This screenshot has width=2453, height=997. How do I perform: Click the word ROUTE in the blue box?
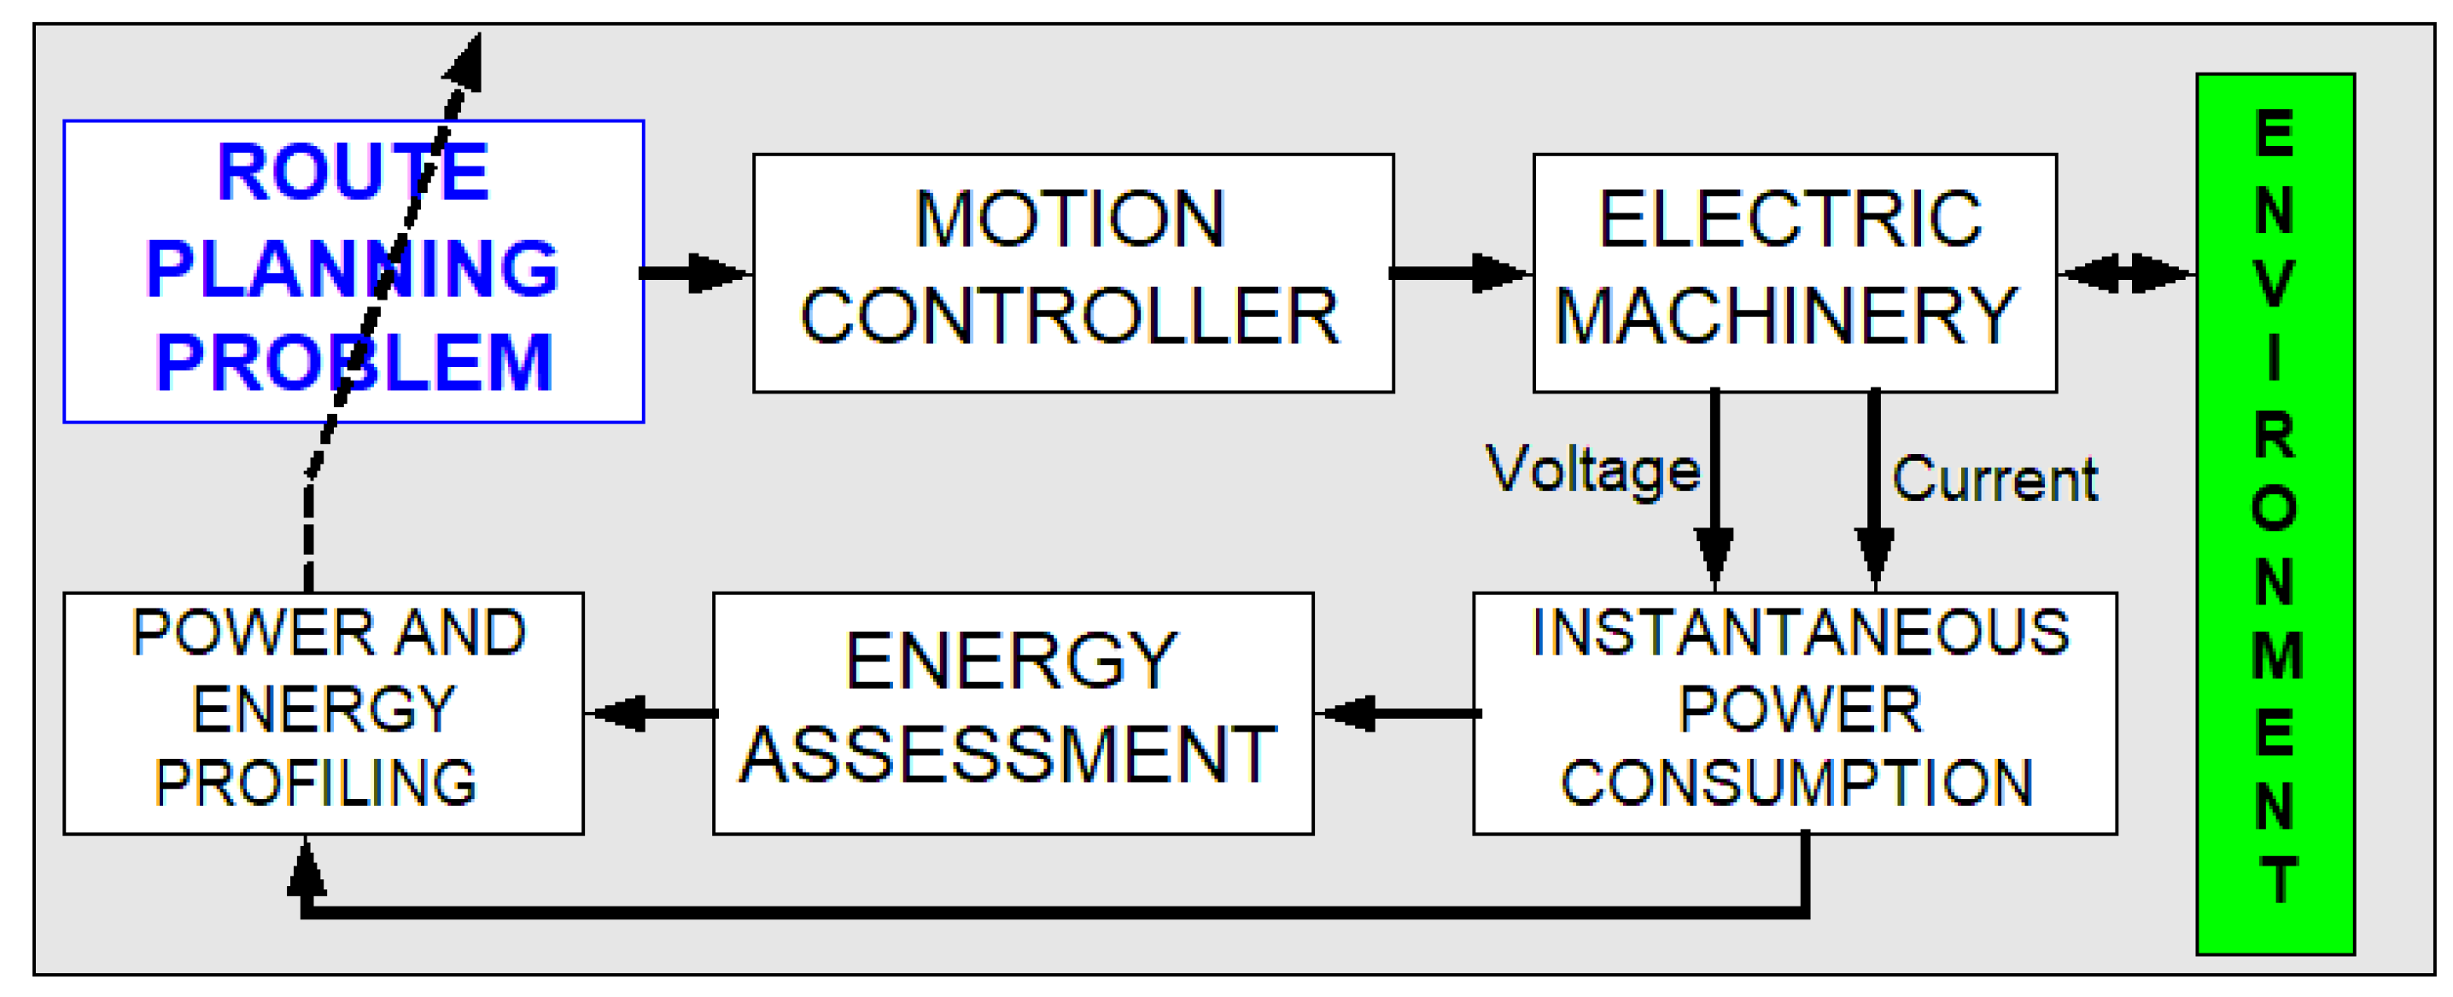point(353,172)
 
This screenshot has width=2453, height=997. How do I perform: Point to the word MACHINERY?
point(1785,316)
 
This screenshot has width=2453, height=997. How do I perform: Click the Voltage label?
point(1592,470)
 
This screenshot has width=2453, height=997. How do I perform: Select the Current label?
point(1994,478)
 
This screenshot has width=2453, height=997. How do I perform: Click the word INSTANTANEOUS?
point(1800,633)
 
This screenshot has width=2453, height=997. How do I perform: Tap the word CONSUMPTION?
point(1796,783)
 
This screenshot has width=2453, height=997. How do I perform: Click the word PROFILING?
point(315,783)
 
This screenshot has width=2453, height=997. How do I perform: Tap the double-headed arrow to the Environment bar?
point(2125,273)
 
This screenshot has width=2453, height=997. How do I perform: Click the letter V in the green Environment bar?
point(2274,283)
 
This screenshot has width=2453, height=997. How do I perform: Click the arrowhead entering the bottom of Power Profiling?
point(306,868)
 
